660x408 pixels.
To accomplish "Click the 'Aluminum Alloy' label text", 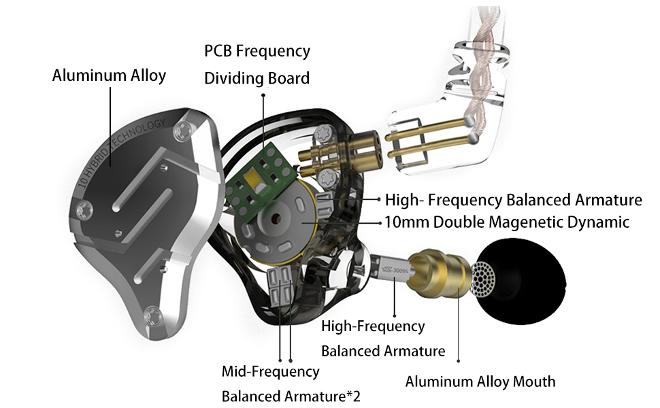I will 109,75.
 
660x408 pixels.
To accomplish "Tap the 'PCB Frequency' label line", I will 257,51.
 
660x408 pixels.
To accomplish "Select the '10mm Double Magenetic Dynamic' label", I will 506,222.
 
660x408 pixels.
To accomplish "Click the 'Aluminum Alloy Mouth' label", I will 480,381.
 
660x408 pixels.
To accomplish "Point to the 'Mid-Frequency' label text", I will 270,371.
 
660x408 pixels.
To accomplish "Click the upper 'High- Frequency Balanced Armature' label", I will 513,200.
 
